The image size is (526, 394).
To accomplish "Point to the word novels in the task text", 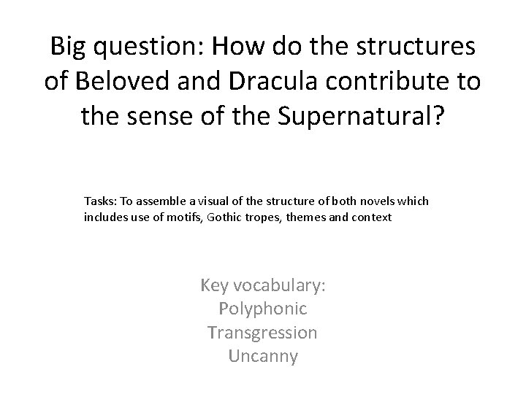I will point(362,201).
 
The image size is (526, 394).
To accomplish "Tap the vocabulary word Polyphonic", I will point(263,309).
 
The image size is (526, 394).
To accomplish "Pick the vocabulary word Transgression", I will point(263,333).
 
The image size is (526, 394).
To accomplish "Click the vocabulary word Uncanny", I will point(263,357).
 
